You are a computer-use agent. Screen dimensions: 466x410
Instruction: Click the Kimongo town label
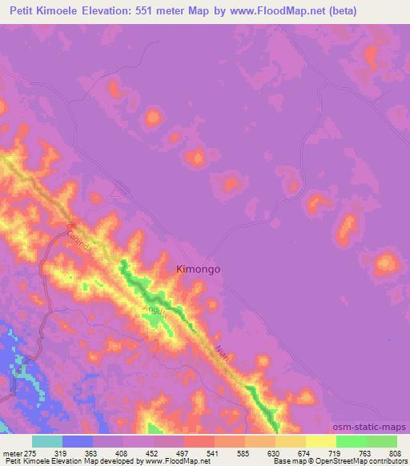(x=198, y=270)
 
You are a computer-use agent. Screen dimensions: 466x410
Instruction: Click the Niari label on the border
(x=223, y=354)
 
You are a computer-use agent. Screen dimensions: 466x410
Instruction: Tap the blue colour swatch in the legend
(x=78, y=441)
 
